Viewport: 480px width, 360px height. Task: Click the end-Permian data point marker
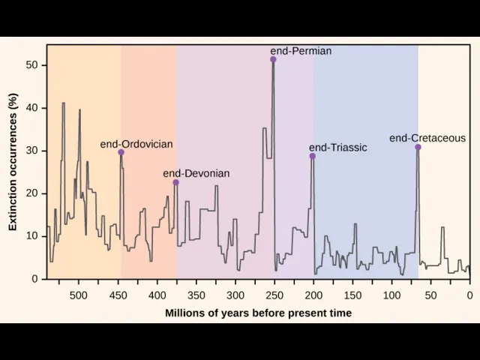pos(273,59)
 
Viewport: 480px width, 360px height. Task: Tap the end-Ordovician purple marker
pos(121,152)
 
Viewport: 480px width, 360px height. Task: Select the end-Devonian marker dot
pos(175,182)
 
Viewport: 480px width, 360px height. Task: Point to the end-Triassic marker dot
pos(312,156)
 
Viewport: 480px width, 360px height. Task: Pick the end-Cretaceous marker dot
pos(418,147)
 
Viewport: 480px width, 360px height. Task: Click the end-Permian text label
pos(301,51)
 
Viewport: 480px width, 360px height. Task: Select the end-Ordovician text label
pos(136,143)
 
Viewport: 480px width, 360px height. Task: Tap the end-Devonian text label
pos(196,173)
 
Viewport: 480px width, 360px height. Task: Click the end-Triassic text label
pos(338,148)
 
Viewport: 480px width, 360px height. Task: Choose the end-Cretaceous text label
pos(427,138)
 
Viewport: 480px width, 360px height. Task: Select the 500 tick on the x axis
pos(79,295)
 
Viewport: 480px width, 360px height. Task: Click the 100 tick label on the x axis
pos(391,295)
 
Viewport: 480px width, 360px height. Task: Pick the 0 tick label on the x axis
pos(469,295)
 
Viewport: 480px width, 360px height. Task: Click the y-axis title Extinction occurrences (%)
pos(13,162)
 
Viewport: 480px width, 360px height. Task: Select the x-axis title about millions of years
pos(258,313)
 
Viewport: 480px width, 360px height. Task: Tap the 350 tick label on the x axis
pos(196,295)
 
